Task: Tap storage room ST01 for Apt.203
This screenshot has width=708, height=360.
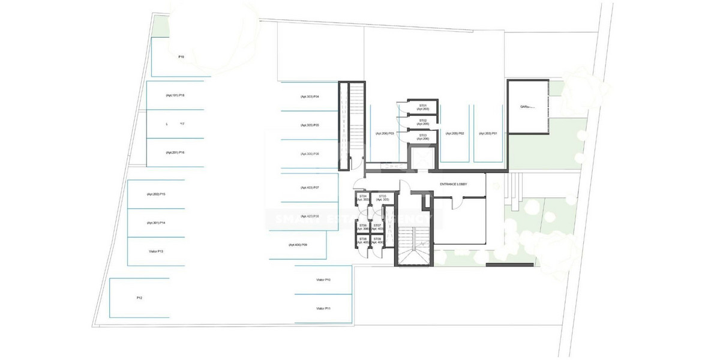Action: [423, 107]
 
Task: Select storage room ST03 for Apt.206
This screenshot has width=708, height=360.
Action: [423, 137]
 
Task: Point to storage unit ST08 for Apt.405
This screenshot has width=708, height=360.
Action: [363, 241]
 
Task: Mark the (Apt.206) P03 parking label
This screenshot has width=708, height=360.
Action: [384, 133]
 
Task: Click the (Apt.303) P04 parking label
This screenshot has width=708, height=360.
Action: [310, 97]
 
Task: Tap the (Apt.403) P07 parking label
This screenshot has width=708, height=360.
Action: [310, 188]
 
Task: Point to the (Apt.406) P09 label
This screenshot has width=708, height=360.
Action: [298, 245]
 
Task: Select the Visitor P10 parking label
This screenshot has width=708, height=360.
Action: [323, 280]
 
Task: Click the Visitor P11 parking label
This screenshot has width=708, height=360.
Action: [323, 308]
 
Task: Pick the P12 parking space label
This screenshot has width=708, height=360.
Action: [139, 298]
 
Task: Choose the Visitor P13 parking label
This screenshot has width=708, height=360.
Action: [155, 251]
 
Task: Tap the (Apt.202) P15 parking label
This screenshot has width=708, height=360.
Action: [155, 194]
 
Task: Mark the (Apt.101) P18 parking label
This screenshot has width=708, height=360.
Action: [175, 95]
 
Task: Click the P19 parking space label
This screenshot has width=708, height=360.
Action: [181, 56]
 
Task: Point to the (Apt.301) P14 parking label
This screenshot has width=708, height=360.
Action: [155, 223]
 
